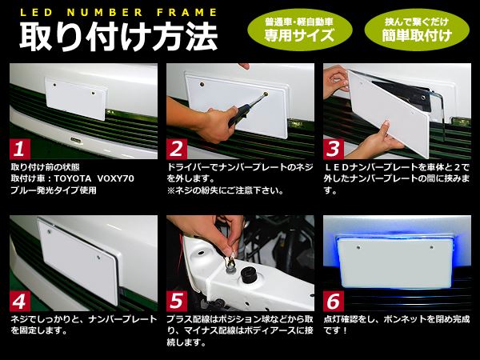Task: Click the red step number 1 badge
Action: click(20, 149)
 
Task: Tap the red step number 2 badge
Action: click(177, 149)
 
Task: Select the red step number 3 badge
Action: click(334, 149)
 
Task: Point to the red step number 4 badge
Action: click(20, 301)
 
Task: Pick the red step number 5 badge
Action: click(177, 301)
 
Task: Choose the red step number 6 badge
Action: click(334, 301)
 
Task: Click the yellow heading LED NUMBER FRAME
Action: click(118, 13)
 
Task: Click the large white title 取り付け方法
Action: click(118, 36)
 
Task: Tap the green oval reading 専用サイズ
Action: click(300, 30)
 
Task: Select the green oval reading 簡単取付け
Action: click(417, 30)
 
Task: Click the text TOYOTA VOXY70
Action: click(94, 178)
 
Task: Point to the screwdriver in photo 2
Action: click(247, 110)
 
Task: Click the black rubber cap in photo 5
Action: click(249, 274)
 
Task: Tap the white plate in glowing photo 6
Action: click(395, 263)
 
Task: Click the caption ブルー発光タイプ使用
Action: click(54, 190)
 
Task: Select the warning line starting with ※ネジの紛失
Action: click(225, 190)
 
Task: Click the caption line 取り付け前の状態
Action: click(46, 167)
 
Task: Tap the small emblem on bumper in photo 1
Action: click(76, 139)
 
